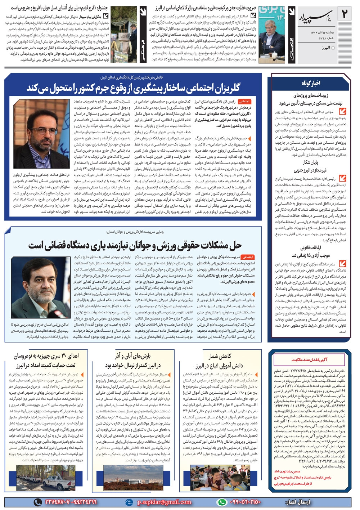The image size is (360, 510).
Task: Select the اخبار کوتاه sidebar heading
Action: point(311,83)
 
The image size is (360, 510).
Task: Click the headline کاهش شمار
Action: point(220,356)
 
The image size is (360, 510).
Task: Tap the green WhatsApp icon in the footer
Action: point(222,502)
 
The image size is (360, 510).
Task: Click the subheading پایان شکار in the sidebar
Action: point(310,162)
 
